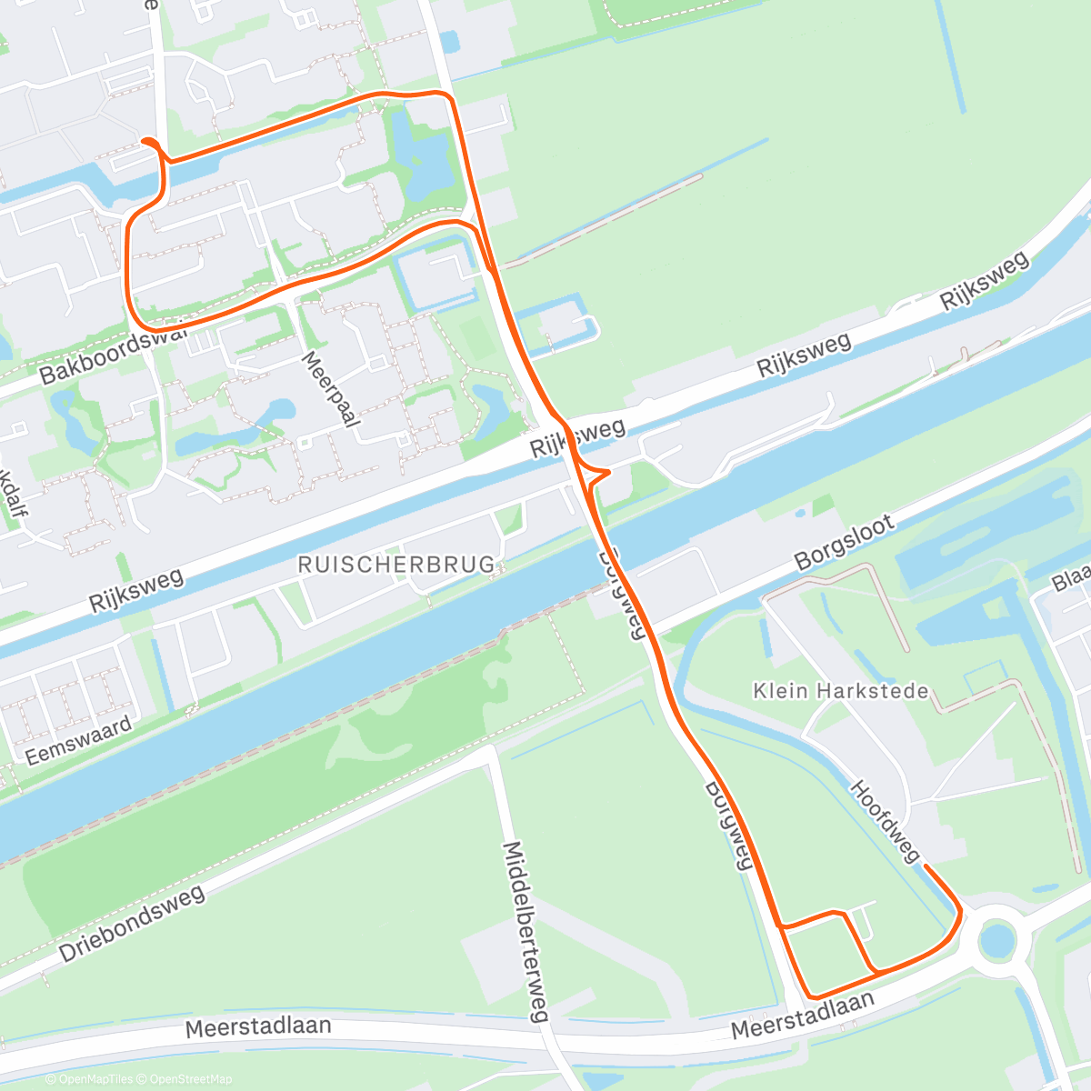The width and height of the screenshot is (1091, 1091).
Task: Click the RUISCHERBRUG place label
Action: click(397, 565)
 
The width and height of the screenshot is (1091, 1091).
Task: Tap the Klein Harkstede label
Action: click(841, 691)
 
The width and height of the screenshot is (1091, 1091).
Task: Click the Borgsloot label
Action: click(845, 543)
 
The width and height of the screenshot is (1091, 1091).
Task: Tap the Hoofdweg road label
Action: click(885, 820)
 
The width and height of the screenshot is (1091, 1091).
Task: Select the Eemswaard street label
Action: click(78, 740)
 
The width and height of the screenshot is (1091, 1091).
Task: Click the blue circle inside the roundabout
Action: click(996, 939)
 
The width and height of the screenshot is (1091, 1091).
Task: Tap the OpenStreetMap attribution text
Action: click(186, 1079)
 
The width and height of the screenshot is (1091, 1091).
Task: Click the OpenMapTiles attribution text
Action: click(95, 1079)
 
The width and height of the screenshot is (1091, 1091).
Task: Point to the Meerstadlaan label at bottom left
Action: click(258, 1027)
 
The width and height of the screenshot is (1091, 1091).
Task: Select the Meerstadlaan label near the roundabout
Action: click(803, 1016)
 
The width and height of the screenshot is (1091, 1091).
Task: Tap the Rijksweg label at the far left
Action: click(136, 590)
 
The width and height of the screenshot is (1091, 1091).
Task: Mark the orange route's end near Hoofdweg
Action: click(926, 867)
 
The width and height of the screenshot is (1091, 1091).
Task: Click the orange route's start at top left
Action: click(144, 140)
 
